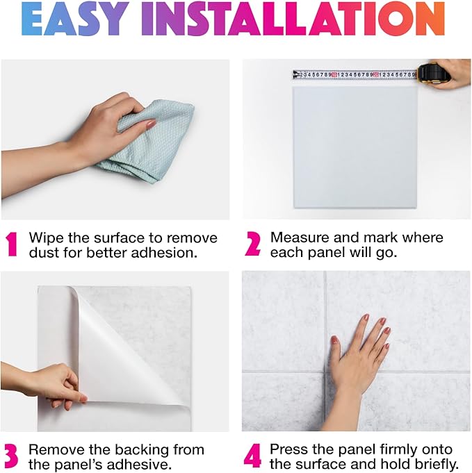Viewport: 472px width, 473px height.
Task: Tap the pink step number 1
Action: pos(12,244)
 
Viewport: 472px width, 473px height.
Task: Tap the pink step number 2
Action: pos(253,244)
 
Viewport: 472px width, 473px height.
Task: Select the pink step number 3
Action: pos(12,456)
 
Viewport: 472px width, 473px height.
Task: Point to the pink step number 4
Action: pos(253,456)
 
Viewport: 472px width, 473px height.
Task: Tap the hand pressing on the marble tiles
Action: pos(361,354)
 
